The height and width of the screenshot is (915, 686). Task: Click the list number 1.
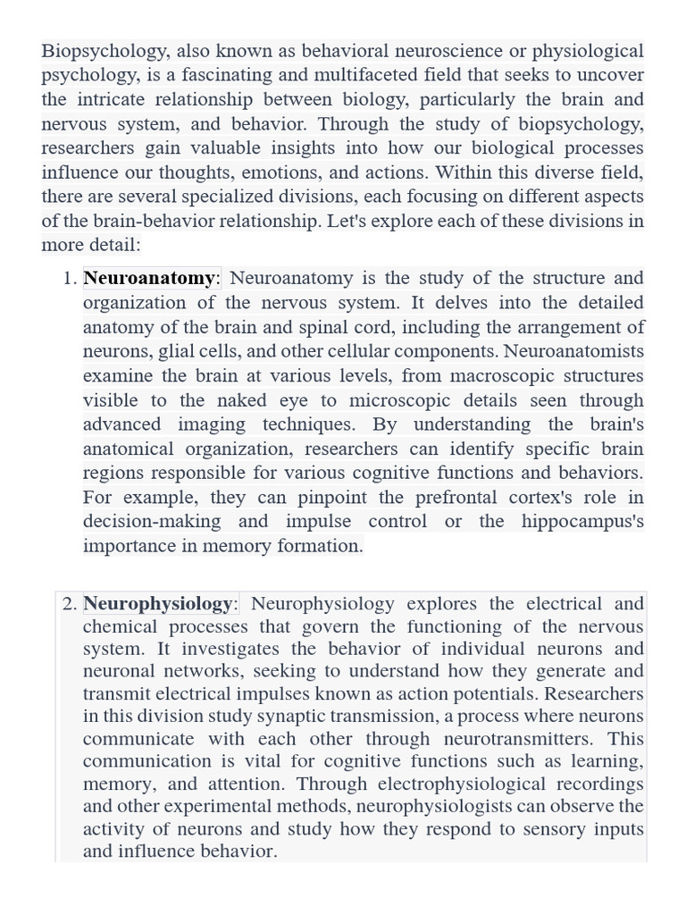70,279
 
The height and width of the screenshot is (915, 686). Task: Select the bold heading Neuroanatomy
149,279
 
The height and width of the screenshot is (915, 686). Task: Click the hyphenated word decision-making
152,522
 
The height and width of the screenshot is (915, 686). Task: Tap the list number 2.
70,605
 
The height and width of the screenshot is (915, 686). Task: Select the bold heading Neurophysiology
157,605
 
